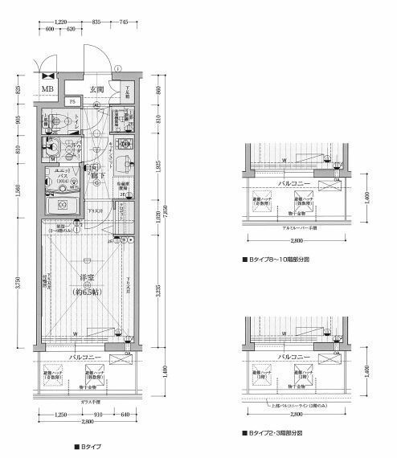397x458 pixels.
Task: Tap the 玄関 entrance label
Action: (x=96, y=88)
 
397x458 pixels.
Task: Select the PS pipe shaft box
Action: (x=72, y=102)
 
